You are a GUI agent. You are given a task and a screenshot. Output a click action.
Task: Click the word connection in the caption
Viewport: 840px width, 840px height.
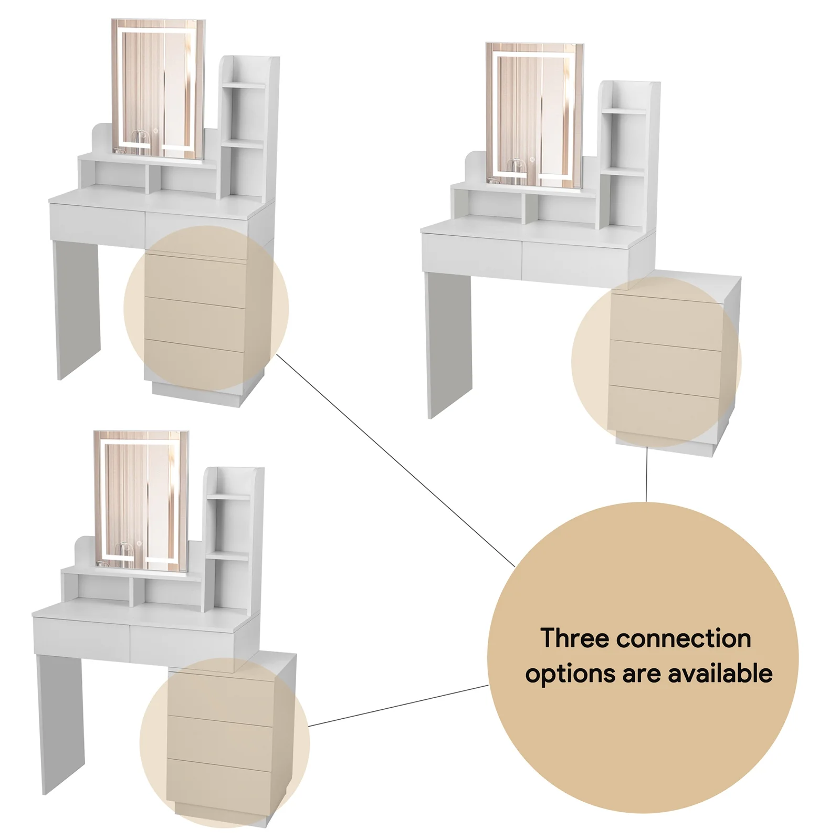tap(684, 639)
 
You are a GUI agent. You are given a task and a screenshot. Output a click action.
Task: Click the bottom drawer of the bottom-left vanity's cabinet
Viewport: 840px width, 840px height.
tap(219, 782)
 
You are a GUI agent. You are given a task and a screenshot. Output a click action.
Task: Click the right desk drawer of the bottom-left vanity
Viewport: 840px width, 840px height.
tap(180, 642)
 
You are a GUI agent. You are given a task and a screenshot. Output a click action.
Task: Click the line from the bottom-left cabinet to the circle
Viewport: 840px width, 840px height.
tap(399, 705)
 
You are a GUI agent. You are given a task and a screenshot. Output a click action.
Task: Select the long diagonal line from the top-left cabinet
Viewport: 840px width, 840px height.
tap(394, 459)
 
